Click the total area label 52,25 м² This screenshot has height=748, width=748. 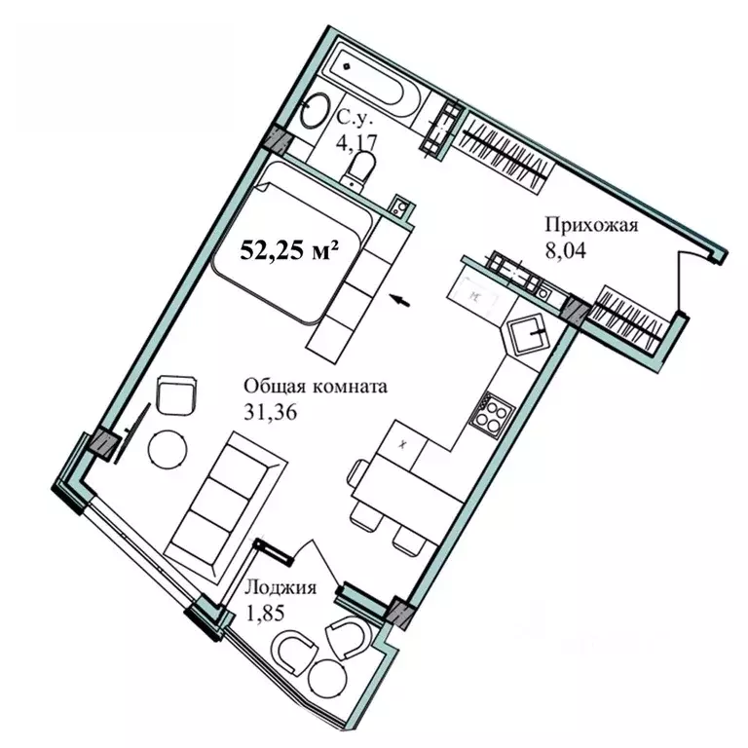289,250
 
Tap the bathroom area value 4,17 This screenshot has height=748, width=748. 356,142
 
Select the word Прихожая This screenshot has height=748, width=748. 591,225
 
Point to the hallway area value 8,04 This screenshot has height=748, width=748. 566,250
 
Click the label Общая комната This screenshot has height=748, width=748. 316,386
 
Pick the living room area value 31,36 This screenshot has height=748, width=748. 271,412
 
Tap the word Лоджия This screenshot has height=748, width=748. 280,587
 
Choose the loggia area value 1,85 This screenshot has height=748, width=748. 264,613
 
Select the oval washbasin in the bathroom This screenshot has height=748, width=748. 316,110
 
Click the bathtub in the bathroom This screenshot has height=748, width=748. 374,81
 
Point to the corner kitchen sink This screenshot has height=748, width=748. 528,333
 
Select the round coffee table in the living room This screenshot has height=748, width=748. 168,449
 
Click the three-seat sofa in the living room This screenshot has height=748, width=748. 225,506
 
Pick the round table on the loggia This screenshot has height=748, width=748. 327,679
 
